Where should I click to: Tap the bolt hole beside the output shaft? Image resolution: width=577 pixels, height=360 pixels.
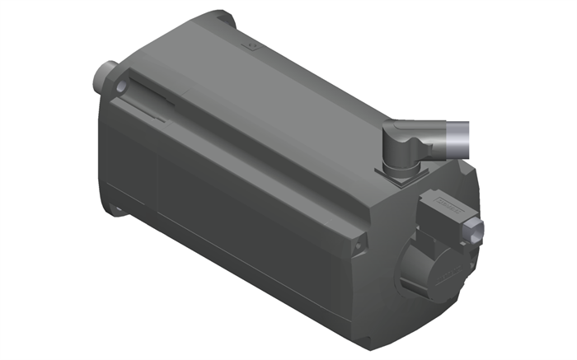[x=121, y=85]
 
